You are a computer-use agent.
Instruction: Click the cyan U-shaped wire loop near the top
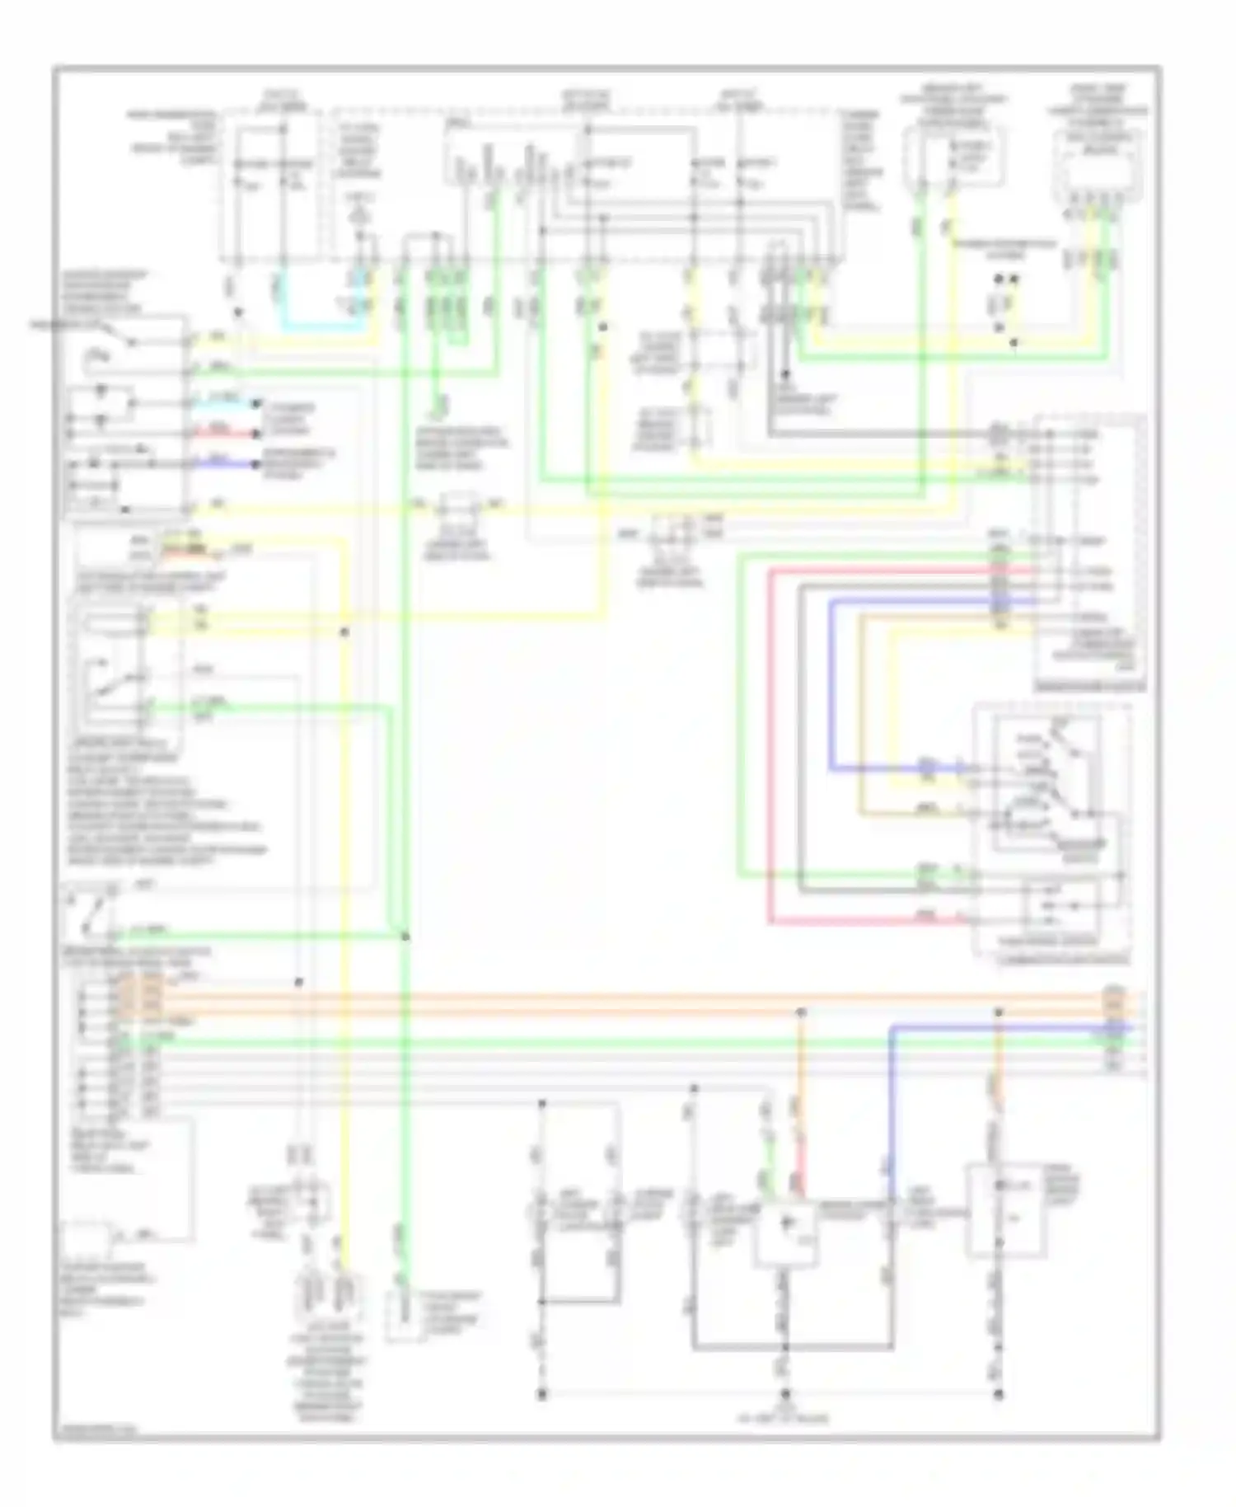(x=321, y=326)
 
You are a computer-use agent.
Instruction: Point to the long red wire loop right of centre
(x=770, y=742)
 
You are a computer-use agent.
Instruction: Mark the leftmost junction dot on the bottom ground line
(x=542, y=1393)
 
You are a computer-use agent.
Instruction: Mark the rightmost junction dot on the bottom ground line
(x=999, y=1393)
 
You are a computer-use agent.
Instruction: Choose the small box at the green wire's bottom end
(x=403, y=1316)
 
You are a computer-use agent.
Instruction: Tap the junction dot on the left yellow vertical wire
(x=344, y=632)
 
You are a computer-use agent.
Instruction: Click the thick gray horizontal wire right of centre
(x=873, y=434)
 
